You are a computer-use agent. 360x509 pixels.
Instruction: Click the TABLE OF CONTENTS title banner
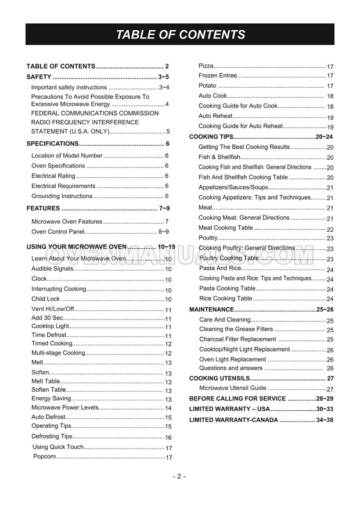pos(180,35)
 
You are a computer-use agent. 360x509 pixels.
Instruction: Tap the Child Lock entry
pos(46,299)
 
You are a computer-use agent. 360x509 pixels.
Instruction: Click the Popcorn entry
pos(45,457)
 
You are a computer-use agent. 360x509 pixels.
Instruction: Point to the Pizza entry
pos(206,66)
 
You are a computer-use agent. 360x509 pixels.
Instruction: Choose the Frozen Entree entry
pos(218,76)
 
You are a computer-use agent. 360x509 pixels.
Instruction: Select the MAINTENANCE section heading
pos(212,310)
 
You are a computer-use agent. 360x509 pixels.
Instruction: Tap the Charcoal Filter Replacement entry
pos(237,339)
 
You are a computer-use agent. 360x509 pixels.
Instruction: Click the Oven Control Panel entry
pos(57,231)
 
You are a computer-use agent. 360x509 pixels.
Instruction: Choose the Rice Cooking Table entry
pos(225,299)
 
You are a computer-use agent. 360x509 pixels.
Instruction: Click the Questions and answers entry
pos(231,368)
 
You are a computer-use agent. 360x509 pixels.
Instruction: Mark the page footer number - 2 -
pos(179,476)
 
